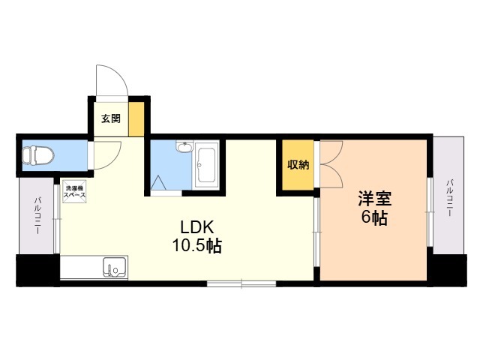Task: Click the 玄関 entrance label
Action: pyautogui.click(x=111, y=118)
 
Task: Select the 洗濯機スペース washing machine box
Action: pyautogui.click(x=74, y=192)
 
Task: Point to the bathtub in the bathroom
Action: pyautogui.click(x=205, y=165)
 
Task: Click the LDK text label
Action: pyautogui.click(x=197, y=227)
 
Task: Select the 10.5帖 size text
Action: pyautogui.click(x=197, y=245)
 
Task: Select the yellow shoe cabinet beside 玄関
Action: pyautogui.click(x=136, y=118)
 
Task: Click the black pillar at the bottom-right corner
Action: pyautogui.click(x=447, y=269)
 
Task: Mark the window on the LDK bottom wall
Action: pyautogui.click(x=241, y=283)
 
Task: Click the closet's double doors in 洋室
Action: pyautogui.click(x=329, y=165)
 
